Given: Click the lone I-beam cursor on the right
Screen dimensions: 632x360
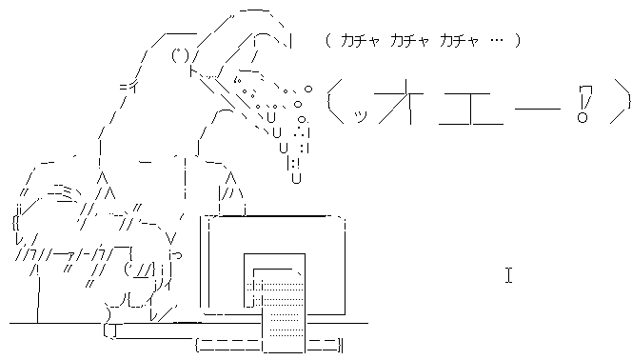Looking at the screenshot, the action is tap(509, 276).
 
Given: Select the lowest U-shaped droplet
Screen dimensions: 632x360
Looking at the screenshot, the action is tap(296, 176).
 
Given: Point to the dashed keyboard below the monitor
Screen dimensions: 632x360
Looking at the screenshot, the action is tap(267, 343).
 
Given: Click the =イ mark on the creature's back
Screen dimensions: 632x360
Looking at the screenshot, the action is tap(126, 87).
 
